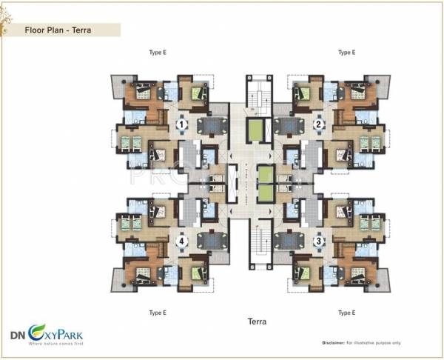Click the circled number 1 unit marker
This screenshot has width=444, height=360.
tap(181, 126)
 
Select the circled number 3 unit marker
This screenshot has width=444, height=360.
tap(317, 241)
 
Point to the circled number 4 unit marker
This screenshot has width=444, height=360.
tap(181, 241)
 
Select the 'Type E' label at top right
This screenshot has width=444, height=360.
tap(346, 53)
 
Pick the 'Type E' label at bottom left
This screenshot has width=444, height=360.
tap(158, 313)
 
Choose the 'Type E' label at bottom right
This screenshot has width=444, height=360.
tap(346, 313)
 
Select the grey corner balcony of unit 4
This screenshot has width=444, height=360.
tap(121, 280)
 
